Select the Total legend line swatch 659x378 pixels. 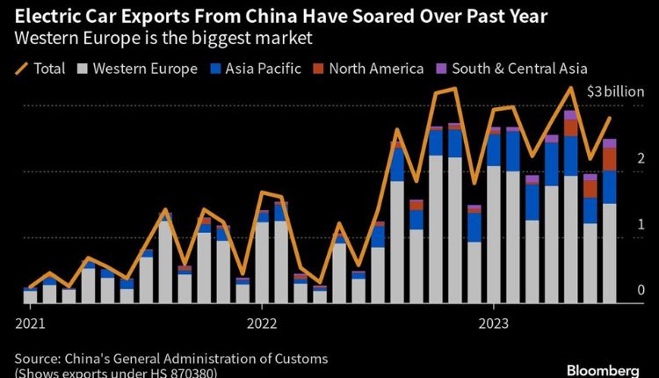click(x=18, y=68)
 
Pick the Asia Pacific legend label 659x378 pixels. click(x=263, y=68)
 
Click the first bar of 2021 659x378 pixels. click(x=31, y=295)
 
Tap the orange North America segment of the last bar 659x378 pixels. click(x=609, y=158)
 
